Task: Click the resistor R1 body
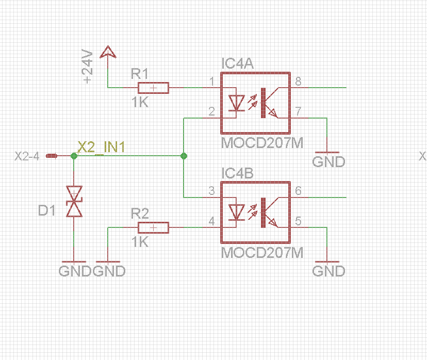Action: click(153, 88)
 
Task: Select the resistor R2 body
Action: click(153, 227)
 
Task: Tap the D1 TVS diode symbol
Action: click(74, 202)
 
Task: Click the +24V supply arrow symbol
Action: click(107, 52)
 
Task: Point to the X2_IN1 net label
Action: click(101, 147)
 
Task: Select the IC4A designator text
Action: click(237, 64)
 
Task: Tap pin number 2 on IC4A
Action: click(211, 112)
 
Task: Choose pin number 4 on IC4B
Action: click(211, 221)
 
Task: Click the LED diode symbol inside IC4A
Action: click(237, 103)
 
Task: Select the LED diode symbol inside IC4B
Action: click(237, 211)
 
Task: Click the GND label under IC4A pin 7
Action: click(329, 162)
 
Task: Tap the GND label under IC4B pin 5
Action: click(329, 271)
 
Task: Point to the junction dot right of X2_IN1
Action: click(184, 155)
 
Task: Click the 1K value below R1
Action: click(140, 103)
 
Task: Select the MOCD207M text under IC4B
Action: click(261, 253)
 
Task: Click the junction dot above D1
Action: click(74, 155)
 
